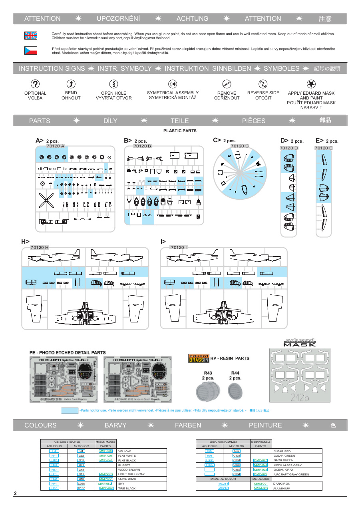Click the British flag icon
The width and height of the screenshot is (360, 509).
(x=31, y=36)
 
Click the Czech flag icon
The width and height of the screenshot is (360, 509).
(x=31, y=50)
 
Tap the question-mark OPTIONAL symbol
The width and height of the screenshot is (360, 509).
(x=35, y=84)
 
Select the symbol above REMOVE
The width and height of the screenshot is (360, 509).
(x=227, y=84)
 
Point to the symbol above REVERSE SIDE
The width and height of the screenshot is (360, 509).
(x=263, y=84)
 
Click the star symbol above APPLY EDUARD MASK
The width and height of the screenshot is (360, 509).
(x=311, y=84)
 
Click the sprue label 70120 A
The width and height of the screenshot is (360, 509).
(x=55, y=146)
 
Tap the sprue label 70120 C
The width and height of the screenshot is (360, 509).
(x=240, y=146)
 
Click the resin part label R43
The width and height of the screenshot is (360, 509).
(x=208, y=373)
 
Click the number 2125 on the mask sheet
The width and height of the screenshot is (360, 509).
(x=300, y=397)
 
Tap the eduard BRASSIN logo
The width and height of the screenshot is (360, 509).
(x=198, y=359)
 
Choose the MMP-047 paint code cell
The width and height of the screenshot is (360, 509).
(x=106, y=460)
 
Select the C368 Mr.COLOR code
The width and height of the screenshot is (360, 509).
(x=81, y=483)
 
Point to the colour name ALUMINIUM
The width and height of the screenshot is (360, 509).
(x=282, y=488)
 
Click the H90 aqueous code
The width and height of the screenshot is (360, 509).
(x=209, y=451)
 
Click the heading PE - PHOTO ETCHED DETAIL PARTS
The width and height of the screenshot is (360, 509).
(x=68, y=353)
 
